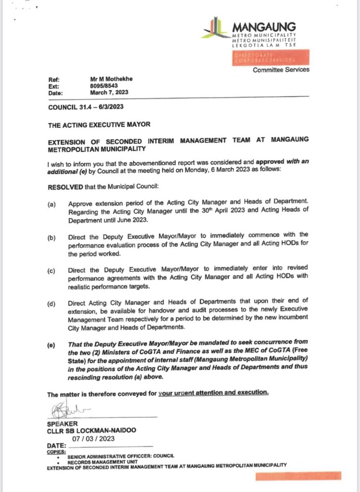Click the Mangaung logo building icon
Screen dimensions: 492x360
pyautogui.click(x=216, y=27)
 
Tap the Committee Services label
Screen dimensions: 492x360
pyautogui.click(x=281, y=70)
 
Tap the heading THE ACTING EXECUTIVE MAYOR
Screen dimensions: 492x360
pyautogui.click(x=99, y=124)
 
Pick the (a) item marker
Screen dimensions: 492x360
pyautogui.click(x=51, y=204)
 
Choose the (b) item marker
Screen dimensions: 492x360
pyautogui.click(x=51, y=238)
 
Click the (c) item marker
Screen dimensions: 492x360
pyautogui.click(x=51, y=271)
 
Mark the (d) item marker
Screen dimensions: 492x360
pyautogui.click(x=51, y=304)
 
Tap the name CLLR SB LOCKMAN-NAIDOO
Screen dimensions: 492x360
pyautogui.click(x=91, y=430)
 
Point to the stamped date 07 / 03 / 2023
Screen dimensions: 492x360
pyautogui.click(x=93, y=439)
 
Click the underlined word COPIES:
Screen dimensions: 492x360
pyautogui.click(x=55, y=452)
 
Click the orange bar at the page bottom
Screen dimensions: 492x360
pyautogui.click(x=298, y=476)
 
